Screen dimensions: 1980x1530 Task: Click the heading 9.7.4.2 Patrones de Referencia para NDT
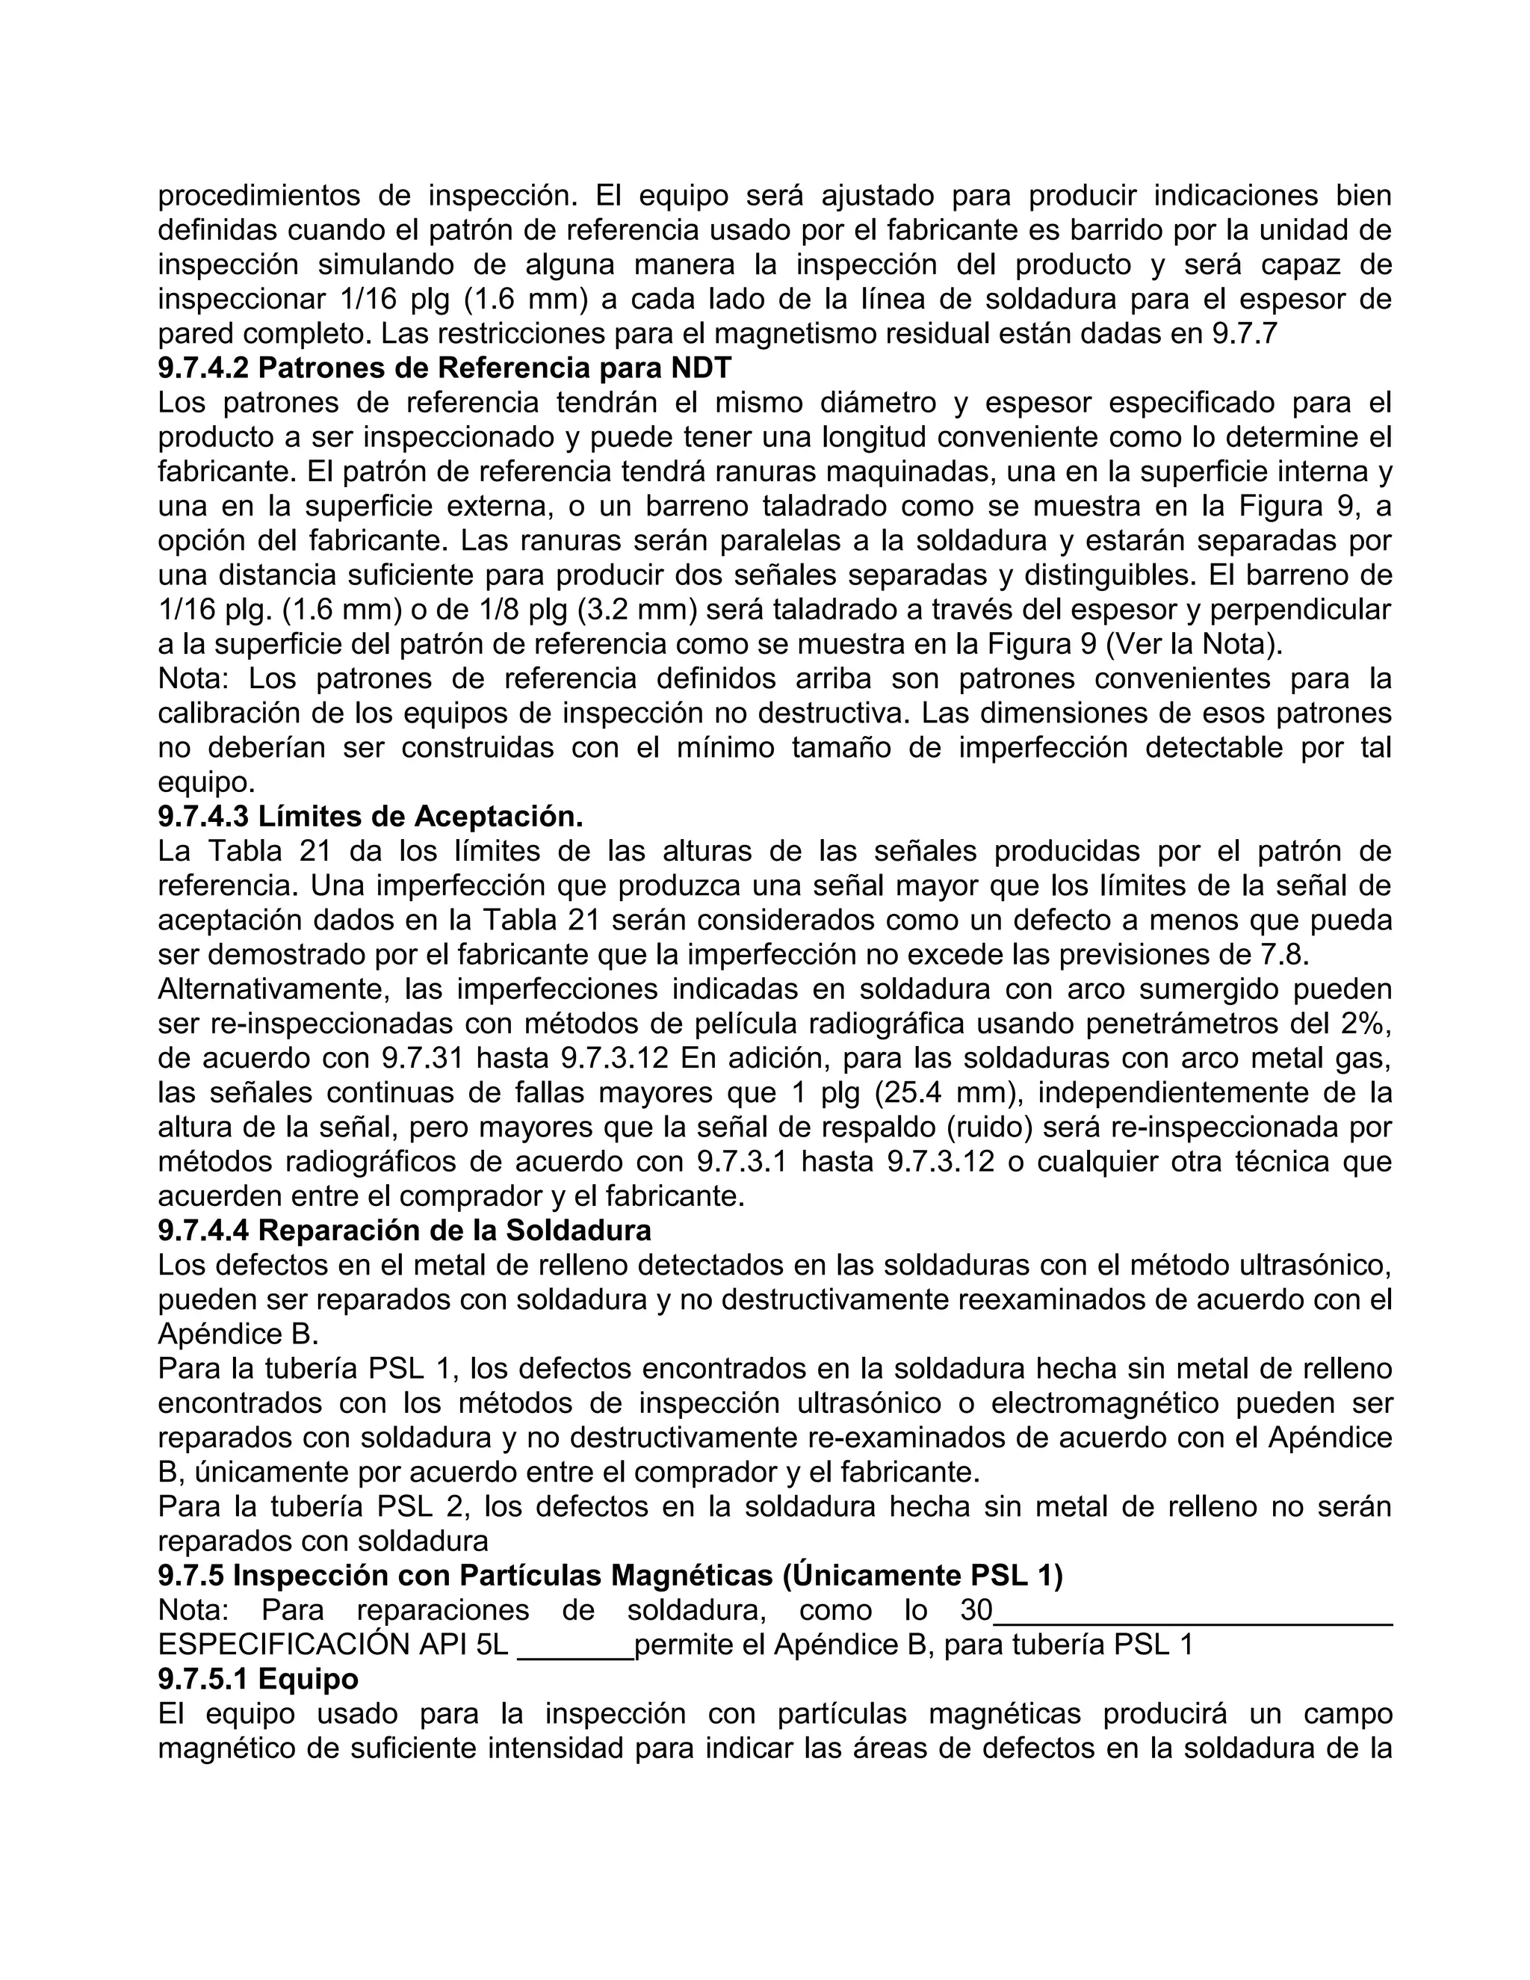point(445,368)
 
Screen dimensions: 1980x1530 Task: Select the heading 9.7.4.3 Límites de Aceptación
point(370,816)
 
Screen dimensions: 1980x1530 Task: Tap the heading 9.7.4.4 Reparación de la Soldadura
point(404,1231)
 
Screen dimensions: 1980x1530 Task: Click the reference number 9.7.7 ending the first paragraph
point(1244,334)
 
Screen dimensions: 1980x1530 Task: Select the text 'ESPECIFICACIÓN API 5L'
point(332,1645)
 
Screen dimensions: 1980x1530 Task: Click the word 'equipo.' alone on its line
point(207,782)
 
